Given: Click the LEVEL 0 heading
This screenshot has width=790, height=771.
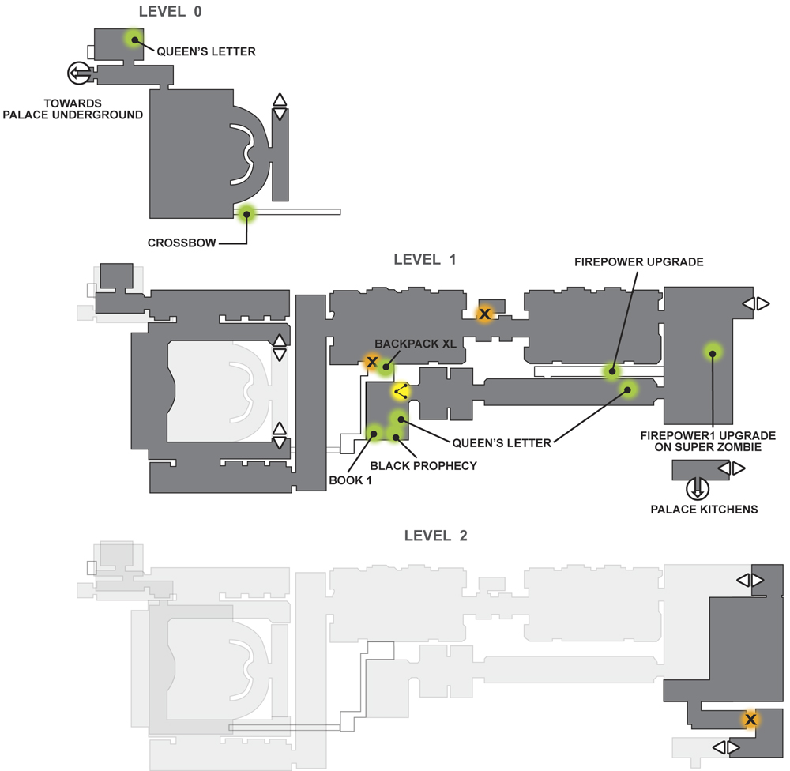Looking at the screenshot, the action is pos(170,11).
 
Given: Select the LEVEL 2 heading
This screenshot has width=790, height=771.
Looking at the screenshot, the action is pos(435,535).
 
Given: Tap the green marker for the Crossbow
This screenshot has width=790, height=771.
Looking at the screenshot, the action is pos(246,214).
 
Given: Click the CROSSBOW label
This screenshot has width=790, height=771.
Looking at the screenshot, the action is pos(182,243).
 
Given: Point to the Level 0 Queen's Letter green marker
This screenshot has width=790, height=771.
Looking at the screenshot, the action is pos(134,39).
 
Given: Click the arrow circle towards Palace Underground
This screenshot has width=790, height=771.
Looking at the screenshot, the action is pos(79,73).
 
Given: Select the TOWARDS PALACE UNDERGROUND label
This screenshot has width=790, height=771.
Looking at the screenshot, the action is pos(73,109).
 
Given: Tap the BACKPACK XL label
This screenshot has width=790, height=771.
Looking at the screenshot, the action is pos(416,344).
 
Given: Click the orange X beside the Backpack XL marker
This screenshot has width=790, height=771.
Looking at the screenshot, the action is pos(372,361).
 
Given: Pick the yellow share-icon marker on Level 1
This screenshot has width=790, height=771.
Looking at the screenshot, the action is pos(401,392).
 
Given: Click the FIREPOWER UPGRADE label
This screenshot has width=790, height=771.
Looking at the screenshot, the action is pos(639,262).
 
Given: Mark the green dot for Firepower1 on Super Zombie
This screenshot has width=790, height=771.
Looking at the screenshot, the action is pos(713,353).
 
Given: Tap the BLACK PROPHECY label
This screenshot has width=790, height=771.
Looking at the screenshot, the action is pos(423,465).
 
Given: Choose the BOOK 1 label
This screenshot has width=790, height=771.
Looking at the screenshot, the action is pos(350,480).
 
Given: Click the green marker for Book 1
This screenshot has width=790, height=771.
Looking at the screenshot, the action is pos(374,434).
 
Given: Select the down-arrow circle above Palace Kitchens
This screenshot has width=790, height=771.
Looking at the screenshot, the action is pos(698,487).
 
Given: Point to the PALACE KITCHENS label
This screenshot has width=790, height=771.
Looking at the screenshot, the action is pos(704,510).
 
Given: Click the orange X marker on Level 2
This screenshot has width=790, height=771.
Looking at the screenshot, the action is pos(750,720).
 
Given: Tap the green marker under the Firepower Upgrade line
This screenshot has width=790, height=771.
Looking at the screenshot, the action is pos(612,371).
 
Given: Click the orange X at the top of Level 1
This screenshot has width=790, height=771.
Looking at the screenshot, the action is pos(484,314).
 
